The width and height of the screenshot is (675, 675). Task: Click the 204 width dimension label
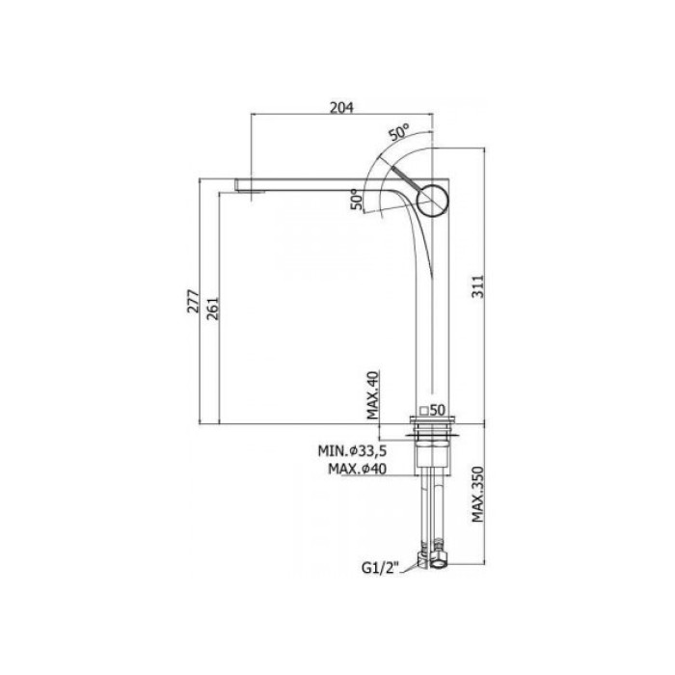[341, 107]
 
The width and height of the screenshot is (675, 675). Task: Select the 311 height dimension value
[478, 286]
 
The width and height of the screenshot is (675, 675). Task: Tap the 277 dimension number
[193, 301]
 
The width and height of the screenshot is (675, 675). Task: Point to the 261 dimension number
[212, 309]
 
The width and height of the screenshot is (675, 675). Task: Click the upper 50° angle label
[399, 132]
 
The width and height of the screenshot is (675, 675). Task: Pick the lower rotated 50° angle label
[357, 200]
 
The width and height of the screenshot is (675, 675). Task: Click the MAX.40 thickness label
[372, 394]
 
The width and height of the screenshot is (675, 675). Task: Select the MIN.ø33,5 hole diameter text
[352, 450]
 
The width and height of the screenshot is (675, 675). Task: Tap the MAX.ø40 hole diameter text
[358, 469]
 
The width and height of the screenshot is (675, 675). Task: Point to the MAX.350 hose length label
[478, 494]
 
